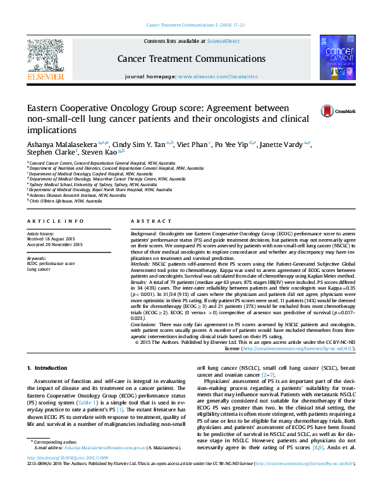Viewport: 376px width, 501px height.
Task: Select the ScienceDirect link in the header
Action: click(224, 41)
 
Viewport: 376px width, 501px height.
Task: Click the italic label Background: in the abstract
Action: click(144, 233)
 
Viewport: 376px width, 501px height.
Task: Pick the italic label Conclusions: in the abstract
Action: click(146, 324)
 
